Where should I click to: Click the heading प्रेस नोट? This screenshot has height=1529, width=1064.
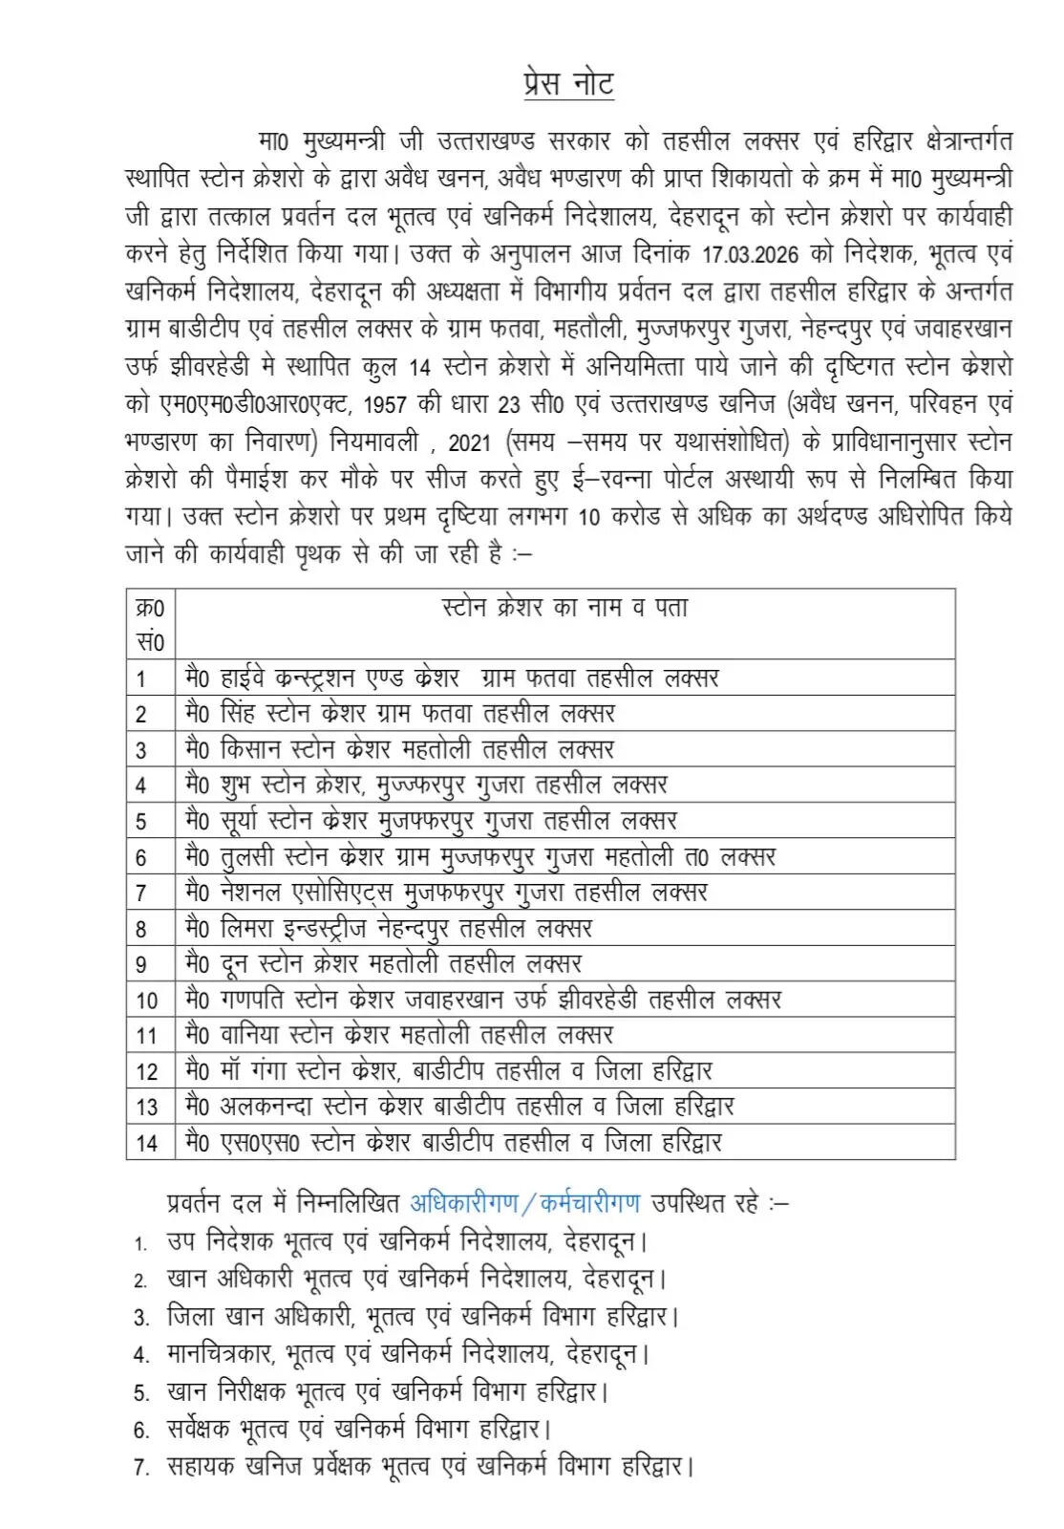tap(568, 83)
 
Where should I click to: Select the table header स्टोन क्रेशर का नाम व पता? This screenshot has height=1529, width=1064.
tap(564, 608)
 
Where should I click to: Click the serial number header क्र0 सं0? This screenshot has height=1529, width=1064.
tap(150, 624)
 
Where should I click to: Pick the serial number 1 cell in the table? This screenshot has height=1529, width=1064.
tap(141, 678)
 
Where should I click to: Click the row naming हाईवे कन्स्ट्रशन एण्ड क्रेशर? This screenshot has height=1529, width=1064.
tap(452, 678)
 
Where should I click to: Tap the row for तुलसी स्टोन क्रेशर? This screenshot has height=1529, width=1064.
tap(479, 856)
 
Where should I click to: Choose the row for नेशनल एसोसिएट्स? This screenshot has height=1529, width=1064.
tap(446, 893)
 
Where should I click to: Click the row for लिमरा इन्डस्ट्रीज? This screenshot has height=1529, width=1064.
tap(389, 928)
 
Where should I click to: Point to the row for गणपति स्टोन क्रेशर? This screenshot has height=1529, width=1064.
tap(483, 1000)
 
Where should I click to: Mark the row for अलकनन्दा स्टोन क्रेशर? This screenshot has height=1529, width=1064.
tap(459, 1107)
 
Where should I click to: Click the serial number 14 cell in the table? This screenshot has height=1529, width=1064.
tap(146, 1142)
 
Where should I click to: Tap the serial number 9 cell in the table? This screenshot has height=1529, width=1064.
tap(141, 964)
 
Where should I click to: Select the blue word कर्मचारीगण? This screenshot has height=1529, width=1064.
tap(590, 1202)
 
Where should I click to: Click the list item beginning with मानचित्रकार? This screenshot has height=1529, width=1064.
tap(408, 1353)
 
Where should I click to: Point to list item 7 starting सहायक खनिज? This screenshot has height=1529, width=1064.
tap(429, 1465)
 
